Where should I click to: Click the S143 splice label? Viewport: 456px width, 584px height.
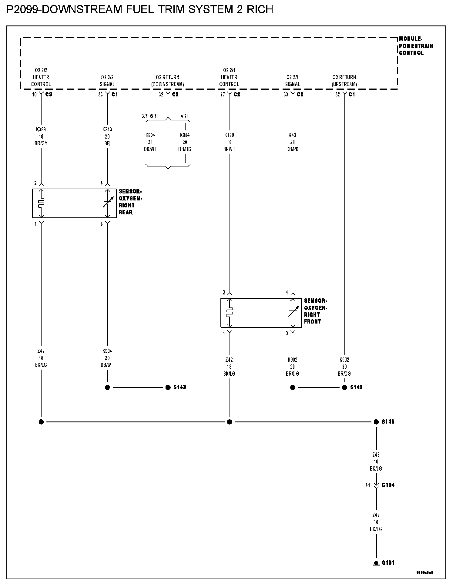click(179, 387)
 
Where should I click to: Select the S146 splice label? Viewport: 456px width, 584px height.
click(388, 422)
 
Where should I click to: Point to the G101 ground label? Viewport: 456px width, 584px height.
click(388, 563)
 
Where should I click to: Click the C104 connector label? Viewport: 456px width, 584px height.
click(388, 485)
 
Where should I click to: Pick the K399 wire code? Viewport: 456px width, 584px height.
click(41, 129)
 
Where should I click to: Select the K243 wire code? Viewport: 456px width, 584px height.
click(107, 129)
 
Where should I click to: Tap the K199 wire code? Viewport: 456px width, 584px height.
click(229, 135)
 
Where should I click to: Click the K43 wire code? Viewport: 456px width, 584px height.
click(293, 135)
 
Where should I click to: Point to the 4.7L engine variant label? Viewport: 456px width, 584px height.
click(185, 116)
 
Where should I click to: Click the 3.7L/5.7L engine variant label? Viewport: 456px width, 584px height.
click(150, 116)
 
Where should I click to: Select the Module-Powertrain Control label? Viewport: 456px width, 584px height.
click(415, 46)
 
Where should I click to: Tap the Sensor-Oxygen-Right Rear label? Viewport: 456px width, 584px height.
click(130, 202)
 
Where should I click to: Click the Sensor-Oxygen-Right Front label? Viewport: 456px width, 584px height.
click(315, 311)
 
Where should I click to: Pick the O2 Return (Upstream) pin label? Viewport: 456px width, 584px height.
click(344, 81)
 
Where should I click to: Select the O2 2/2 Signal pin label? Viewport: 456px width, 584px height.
click(107, 81)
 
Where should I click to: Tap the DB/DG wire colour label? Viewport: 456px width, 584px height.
click(185, 149)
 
